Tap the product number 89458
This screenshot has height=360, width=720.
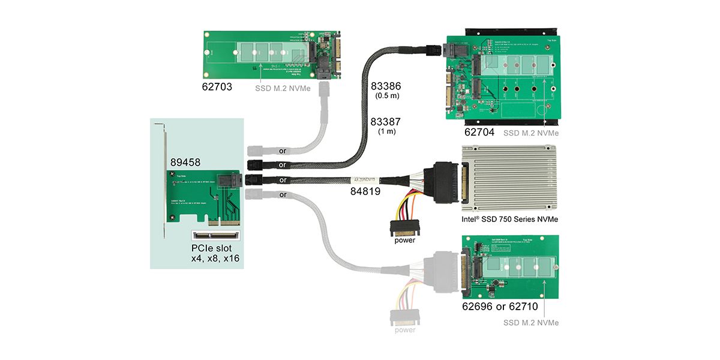click(x=185, y=162)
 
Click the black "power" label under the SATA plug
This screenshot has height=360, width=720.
click(x=404, y=241)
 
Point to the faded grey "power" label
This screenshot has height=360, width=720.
click(x=404, y=329)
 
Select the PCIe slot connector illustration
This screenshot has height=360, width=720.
click(x=217, y=235)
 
